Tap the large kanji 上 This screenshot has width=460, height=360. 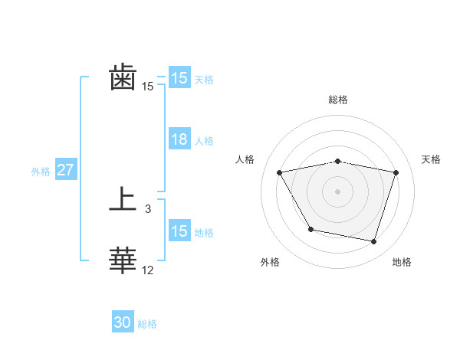coord(123,201)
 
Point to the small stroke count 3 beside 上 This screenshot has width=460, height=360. coord(148,208)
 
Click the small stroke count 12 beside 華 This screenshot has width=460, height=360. coord(148,270)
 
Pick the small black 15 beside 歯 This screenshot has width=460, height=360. coord(148,87)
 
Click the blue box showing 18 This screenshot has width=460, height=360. coord(179,139)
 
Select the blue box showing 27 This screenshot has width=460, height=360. coord(65,170)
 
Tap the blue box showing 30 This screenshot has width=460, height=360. coord(123,322)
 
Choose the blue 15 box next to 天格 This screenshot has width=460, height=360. coord(179,78)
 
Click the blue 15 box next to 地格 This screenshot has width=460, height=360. coord(179,231)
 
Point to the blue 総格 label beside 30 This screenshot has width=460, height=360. coord(147,324)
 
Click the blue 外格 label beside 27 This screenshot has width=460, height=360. coord(41,172)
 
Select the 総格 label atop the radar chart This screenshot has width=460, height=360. coord(337,100)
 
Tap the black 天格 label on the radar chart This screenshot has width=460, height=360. coord(432,159)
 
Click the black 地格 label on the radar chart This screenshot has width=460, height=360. coord(402,263)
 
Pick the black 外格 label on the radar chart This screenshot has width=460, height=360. coord(270,263)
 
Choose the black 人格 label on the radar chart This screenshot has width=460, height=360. coord(245,159)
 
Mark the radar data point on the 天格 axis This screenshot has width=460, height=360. coord(396,172)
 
